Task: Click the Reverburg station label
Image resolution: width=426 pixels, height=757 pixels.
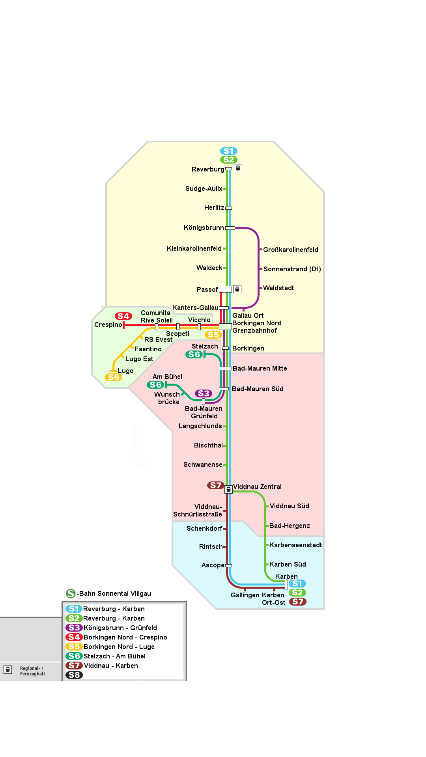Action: coord(208,170)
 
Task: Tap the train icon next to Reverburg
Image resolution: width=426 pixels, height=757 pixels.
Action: coord(238,168)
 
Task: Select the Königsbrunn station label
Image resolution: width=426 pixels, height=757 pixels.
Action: coord(204,228)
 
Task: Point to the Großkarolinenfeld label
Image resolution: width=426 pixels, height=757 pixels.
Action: coord(291,250)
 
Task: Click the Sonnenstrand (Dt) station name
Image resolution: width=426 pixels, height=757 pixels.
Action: coord(292,269)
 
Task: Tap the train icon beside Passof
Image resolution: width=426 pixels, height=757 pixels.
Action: coord(237,289)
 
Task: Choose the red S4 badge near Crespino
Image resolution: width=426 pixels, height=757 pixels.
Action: coord(123,316)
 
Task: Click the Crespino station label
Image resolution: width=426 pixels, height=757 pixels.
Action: coord(108,325)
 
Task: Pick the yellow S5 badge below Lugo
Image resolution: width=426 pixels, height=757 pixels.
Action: coord(114,377)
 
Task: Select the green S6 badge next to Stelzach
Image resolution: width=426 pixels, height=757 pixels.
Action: coord(194,354)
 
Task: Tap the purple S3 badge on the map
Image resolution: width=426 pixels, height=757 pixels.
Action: coord(204,393)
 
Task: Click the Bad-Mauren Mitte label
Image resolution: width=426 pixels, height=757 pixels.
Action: coord(260,369)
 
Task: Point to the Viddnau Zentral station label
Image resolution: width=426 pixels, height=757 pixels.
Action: coord(257,487)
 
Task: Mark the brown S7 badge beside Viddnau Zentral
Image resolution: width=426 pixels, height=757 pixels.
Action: coord(216,485)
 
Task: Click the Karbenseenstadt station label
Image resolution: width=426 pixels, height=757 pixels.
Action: coord(296,545)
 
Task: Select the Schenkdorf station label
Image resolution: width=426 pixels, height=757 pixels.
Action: coord(204,529)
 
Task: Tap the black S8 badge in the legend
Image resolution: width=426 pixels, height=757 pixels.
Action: coord(74,675)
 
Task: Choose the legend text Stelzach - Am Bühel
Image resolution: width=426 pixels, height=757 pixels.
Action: coord(114,656)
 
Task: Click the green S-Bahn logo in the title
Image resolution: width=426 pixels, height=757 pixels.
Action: coord(71,593)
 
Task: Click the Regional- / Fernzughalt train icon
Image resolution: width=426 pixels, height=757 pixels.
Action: coord(7,669)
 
